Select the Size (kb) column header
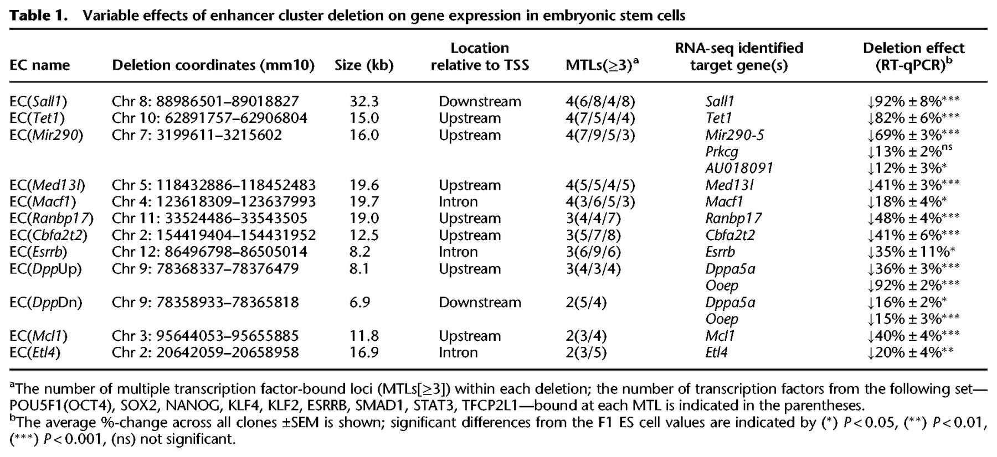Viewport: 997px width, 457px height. (364, 65)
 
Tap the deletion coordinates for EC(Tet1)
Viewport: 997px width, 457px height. (209, 118)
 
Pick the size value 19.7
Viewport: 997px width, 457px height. (364, 201)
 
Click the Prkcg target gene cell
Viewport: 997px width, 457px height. (722, 152)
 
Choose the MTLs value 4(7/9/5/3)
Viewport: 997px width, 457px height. (600, 135)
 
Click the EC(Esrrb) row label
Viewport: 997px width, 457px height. (38, 252)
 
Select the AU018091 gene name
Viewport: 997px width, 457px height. (739, 168)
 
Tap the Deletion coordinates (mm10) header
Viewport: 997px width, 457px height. (213, 65)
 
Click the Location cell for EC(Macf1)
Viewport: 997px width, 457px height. (458, 201)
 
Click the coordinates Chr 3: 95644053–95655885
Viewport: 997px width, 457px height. (205, 336)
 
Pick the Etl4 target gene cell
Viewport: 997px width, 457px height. (716, 352)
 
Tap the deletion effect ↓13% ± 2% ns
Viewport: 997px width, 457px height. (909, 151)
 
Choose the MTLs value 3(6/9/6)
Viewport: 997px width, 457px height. (593, 252)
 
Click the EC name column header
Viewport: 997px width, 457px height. (40, 65)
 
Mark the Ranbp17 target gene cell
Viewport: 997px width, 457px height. (733, 219)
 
